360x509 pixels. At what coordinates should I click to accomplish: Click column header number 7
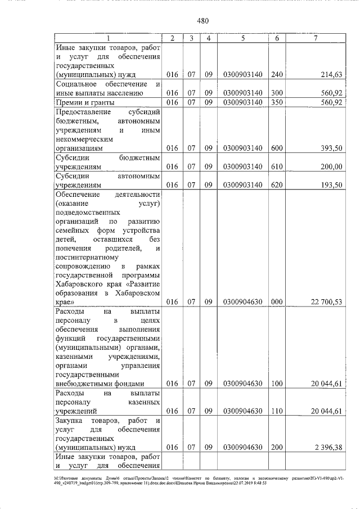click(316, 38)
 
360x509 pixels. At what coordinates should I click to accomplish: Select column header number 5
click(242, 38)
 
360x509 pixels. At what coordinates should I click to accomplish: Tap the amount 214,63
click(331, 74)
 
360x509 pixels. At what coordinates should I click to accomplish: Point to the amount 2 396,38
click(328, 448)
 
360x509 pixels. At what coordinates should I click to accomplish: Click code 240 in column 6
click(277, 74)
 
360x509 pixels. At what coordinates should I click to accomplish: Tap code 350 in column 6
click(277, 102)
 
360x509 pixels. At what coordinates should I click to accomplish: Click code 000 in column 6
click(277, 302)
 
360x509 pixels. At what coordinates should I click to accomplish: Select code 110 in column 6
click(277, 411)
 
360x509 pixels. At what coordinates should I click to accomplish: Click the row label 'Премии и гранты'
click(84, 102)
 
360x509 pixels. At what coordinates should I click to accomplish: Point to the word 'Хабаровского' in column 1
click(79, 284)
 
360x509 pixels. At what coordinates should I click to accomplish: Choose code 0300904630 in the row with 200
click(242, 448)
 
